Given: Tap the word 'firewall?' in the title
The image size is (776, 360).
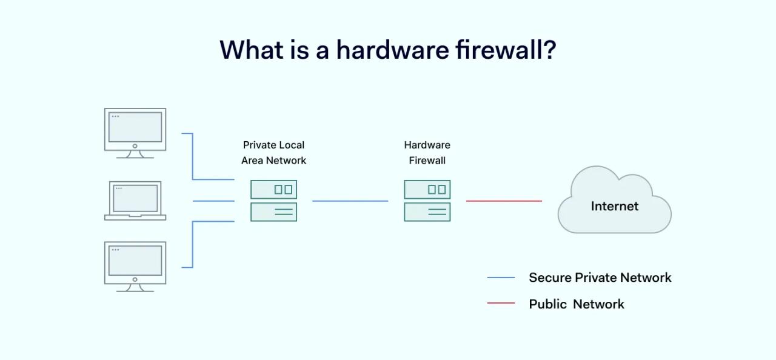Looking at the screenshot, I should [506, 50].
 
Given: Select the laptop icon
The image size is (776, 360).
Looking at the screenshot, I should [135, 200].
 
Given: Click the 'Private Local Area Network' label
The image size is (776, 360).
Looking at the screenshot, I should [273, 153].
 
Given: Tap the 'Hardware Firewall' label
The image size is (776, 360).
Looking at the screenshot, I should [427, 153].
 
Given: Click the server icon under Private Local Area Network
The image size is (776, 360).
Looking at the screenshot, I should [273, 201].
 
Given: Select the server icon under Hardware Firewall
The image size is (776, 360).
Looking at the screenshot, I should [427, 201].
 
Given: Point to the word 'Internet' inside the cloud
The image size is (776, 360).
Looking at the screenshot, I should [614, 206].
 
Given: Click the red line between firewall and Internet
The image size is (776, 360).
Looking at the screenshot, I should [504, 201].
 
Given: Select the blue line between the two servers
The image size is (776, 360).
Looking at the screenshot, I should [350, 201].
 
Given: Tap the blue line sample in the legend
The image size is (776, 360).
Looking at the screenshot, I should [501, 278].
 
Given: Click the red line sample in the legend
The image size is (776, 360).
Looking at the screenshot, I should [501, 303].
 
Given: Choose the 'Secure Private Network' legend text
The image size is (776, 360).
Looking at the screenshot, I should [600, 278].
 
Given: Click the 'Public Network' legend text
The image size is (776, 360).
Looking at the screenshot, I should [576, 304].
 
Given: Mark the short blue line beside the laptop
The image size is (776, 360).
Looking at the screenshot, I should [213, 201].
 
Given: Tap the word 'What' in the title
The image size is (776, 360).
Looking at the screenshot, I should [249, 50].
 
